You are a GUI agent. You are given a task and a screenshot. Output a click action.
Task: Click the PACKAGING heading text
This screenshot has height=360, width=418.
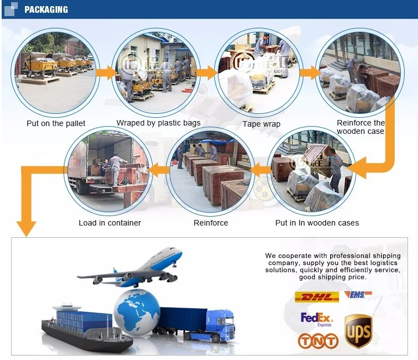[x=46, y=9]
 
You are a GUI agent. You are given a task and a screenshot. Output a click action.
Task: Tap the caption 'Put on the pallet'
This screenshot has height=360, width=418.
[x=56, y=123]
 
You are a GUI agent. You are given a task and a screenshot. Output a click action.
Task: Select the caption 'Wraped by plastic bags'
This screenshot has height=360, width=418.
[x=158, y=123]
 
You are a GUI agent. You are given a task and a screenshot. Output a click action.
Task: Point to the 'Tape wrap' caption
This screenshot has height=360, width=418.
[x=261, y=124]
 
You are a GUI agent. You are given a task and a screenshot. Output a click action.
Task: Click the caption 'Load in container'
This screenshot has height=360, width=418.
[x=110, y=223]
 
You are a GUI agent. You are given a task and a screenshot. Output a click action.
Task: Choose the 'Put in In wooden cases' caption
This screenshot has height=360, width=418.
[x=317, y=223]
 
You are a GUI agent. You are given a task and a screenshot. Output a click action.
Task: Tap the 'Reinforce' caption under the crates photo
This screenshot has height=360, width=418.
[x=210, y=223]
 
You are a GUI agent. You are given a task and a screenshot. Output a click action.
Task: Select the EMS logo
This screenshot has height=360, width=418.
[x=356, y=295]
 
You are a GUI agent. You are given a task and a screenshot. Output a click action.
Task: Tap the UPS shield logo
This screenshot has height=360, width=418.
[x=358, y=331]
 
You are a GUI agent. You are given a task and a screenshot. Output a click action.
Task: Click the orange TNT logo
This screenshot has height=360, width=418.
[x=318, y=341]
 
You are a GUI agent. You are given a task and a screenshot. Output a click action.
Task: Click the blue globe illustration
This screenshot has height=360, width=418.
[x=136, y=311]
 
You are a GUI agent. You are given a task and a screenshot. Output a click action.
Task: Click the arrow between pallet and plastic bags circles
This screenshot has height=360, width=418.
[x=105, y=72]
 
